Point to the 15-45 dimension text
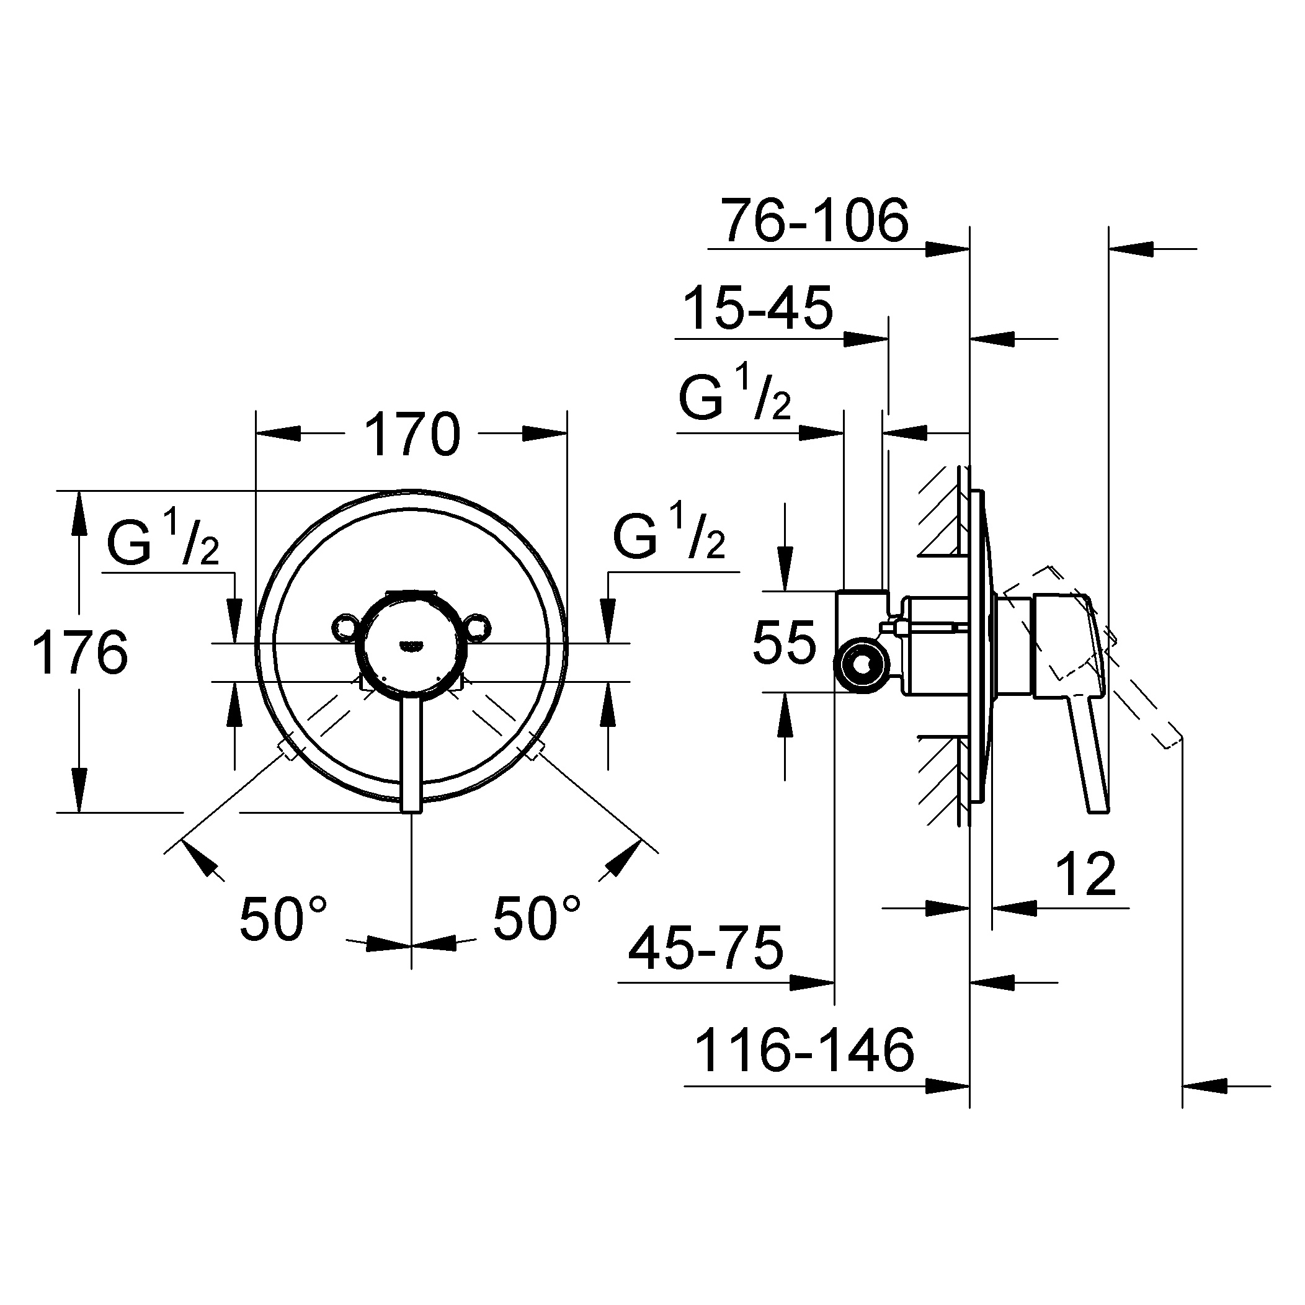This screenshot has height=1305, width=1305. coord(759,308)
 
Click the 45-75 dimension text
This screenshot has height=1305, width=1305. coord(706,948)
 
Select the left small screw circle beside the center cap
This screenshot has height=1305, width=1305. coord(346,626)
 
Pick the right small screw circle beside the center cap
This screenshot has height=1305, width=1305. coord(478,626)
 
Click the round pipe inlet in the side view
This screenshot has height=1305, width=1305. coord(860,666)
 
